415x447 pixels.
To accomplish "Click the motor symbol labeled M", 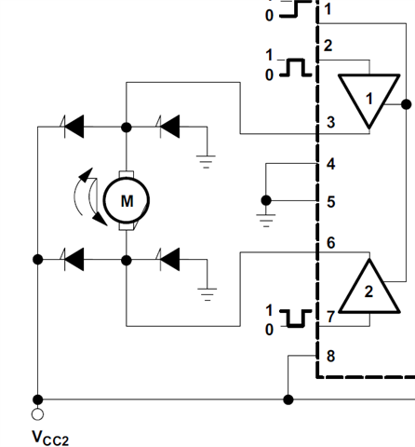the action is (127, 201).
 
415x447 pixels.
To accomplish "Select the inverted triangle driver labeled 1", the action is (368, 100).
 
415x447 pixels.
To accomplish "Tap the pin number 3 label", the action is (331, 122).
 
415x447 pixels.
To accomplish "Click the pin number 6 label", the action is (331, 242).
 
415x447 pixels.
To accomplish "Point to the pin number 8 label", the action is (331, 356).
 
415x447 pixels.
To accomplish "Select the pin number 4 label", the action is (331, 164).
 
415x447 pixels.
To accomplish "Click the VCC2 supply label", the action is (50, 438).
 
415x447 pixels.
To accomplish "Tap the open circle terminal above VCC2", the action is (37, 414).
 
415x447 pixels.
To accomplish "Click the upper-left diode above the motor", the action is (74, 127).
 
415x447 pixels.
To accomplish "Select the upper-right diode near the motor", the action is (169, 127).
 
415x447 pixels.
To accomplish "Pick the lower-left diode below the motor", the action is (74, 259).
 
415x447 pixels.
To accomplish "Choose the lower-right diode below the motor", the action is (169, 259).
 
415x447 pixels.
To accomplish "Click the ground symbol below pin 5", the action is (266, 221).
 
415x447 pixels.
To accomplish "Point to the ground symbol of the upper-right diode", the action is (207, 161).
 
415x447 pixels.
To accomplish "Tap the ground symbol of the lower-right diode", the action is (207, 294).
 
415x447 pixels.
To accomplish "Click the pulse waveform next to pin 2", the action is (296, 67).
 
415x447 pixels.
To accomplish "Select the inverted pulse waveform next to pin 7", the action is (296, 318).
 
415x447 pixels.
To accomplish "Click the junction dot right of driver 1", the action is (407, 104).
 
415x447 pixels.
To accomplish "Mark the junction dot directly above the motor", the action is (127, 128).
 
